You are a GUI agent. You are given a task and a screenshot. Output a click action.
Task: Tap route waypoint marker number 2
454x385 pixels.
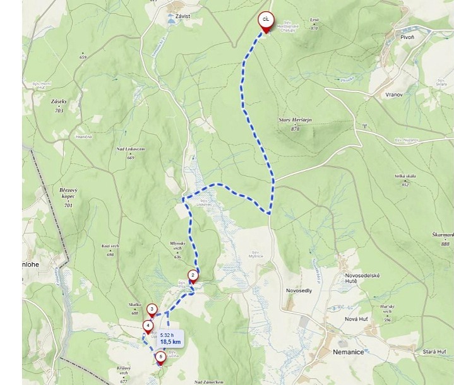[x=193, y=275]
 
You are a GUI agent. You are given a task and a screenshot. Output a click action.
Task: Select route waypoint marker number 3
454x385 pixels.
[x=152, y=309]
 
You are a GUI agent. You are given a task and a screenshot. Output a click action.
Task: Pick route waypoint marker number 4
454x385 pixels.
[x=148, y=326]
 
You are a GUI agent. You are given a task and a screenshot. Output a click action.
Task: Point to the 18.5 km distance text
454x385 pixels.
[x=170, y=341]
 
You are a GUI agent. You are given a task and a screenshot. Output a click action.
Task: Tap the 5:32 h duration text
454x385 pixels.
[x=167, y=335]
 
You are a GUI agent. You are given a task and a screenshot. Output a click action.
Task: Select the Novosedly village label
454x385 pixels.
[x=299, y=290]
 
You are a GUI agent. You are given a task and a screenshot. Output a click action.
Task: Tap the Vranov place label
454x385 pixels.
[x=394, y=94]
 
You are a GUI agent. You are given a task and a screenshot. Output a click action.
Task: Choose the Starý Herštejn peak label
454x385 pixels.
[x=295, y=120]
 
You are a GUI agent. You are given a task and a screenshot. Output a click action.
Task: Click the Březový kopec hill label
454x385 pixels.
[x=68, y=193]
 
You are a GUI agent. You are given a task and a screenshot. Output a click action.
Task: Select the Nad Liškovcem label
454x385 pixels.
[x=131, y=148]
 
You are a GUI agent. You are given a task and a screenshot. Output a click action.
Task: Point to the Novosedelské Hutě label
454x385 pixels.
[x=360, y=278]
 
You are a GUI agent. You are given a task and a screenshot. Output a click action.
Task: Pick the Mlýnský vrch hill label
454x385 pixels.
[x=177, y=250]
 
